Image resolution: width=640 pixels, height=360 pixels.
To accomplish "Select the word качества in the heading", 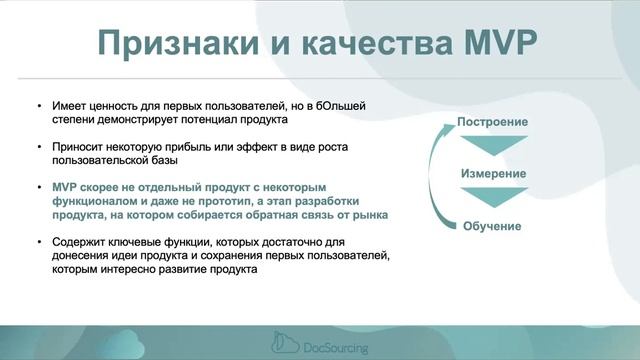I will tap(378, 43).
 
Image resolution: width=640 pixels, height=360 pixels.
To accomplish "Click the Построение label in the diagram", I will tap(492, 122).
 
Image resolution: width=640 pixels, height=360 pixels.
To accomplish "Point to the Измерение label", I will tap(492, 174).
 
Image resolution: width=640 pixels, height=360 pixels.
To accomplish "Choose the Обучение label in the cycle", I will tap(492, 226).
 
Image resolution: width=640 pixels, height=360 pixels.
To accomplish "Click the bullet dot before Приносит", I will tap(38, 146).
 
